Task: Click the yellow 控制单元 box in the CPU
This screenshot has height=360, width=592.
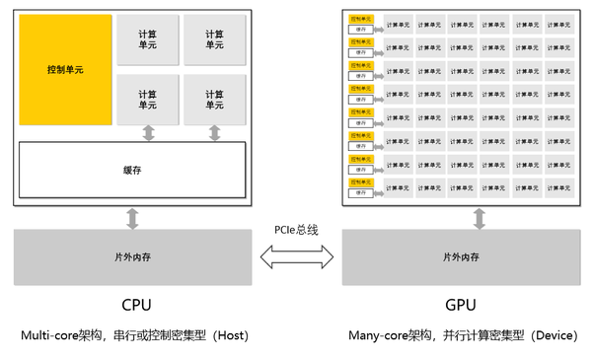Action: pyautogui.click(x=65, y=70)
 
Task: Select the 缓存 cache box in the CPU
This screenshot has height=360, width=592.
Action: pyautogui.click(x=132, y=170)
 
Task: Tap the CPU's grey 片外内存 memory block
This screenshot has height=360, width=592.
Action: pyautogui.click(x=132, y=256)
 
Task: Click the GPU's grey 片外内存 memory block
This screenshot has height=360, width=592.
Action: pyautogui.click(x=461, y=256)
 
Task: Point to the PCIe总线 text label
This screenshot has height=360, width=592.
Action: pyautogui.click(x=296, y=229)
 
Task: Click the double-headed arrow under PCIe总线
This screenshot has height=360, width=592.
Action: pyautogui.click(x=296, y=257)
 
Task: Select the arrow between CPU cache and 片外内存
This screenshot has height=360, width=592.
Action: pyautogui.click(x=132, y=218)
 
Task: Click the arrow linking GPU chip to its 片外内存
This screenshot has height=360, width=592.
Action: pyautogui.click(x=480, y=218)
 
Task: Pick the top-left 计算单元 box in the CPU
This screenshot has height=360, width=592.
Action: pyautogui.click(x=148, y=39)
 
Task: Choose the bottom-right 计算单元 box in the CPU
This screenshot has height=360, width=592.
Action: pyautogui.click(x=214, y=100)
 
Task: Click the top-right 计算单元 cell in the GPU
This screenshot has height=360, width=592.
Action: pyautogui.click(x=559, y=25)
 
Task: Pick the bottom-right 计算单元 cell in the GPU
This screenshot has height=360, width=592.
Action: pyautogui.click(x=559, y=183)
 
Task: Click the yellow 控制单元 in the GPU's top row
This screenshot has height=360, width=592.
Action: pyautogui.click(x=360, y=19)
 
